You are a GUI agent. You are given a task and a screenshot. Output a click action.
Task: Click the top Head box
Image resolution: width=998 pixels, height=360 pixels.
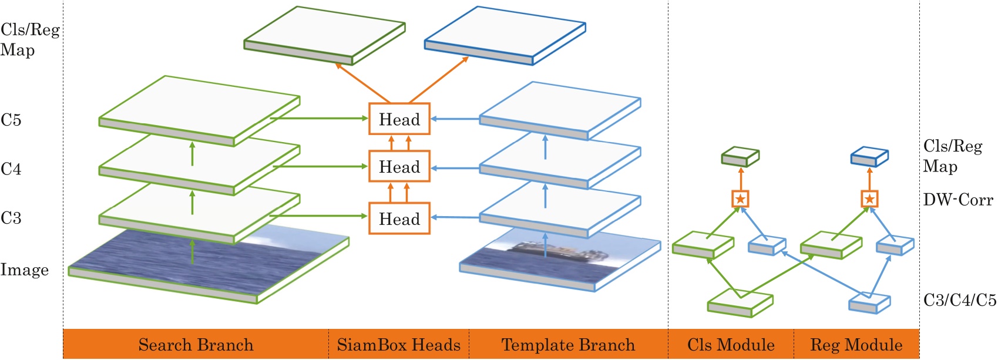point(399,119)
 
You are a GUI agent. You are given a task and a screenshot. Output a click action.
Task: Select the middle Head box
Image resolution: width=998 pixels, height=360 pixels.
point(399,167)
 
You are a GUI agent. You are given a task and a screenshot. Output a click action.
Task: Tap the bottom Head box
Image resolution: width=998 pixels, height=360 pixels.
point(399,219)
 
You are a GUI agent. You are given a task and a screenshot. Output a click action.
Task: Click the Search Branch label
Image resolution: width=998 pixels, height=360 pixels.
point(196,345)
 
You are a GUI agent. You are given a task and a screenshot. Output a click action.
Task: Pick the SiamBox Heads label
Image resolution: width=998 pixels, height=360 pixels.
point(398,345)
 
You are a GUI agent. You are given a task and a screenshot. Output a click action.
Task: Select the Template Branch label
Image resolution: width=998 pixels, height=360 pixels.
point(568,345)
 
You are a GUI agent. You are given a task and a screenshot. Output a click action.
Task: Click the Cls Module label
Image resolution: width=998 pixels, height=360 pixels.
point(731,345)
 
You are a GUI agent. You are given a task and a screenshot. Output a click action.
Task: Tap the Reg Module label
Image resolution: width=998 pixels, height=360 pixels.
point(856,345)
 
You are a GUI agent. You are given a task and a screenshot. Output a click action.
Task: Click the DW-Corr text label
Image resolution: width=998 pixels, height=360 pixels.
point(957,200)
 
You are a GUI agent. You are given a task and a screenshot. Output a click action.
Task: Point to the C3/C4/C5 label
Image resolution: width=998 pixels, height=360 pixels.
point(959,300)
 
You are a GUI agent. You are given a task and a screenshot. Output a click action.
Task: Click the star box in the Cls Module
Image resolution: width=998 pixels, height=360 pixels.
point(740,199)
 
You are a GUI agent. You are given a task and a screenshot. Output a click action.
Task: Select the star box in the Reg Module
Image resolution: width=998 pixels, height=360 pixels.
point(869,199)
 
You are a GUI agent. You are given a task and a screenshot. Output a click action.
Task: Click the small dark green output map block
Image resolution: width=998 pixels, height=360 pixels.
point(740,156)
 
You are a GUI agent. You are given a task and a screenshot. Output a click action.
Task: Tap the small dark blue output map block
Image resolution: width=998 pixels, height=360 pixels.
point(869,156)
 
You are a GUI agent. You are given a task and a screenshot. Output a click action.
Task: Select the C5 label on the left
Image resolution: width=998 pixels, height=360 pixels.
point(11,120)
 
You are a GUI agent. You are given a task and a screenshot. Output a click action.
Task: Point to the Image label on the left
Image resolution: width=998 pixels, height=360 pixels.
point(24,270)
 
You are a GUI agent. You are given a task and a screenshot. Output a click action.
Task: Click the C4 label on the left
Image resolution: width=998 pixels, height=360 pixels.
point(11,169)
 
